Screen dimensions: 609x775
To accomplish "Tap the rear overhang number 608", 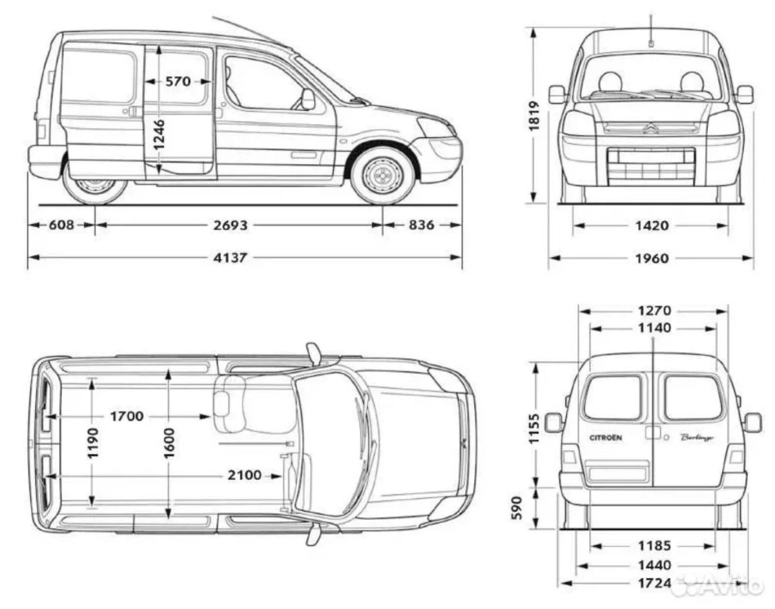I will click(61, 225).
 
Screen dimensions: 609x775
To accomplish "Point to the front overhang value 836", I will click(421, 225).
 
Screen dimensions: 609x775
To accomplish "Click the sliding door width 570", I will click(178, 81).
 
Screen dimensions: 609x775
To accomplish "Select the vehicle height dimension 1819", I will click(534, 116).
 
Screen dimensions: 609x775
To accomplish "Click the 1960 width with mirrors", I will click(652, 259).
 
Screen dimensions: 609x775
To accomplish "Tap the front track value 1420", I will click(652, 225).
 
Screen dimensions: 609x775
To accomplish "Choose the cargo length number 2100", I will click(244, 475).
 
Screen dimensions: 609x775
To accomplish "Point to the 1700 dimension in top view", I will click(127, 417).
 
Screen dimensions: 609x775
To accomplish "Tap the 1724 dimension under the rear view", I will click(654, 583).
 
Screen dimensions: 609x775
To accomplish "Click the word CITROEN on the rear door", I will click(606, 438).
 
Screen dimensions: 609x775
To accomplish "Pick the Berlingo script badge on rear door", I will click(697, 438).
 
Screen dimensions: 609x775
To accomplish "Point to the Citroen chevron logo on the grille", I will click(651, 127).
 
